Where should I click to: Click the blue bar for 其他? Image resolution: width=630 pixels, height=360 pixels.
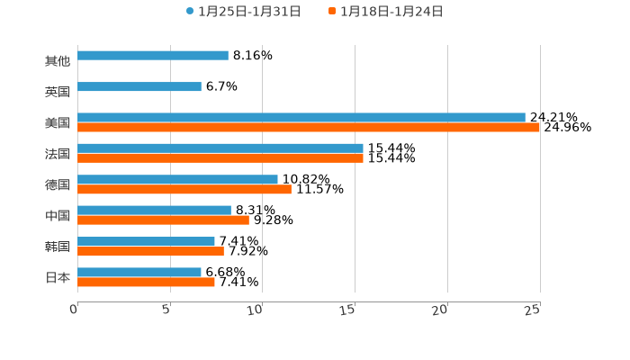pos(153,56)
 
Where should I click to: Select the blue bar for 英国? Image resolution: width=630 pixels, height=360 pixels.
pos(139,87)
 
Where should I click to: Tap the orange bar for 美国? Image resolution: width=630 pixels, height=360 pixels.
pos(309,128)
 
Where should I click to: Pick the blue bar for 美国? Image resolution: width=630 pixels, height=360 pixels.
pos(301,117)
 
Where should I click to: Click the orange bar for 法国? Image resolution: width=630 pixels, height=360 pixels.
pos(220,158)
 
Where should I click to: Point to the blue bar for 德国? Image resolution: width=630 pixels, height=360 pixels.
pos(177,179)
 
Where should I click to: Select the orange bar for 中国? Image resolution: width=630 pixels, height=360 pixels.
pos(163,220)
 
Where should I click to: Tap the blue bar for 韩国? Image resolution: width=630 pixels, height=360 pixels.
pos(146,241)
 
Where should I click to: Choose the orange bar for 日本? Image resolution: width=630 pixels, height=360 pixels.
pos(146,283)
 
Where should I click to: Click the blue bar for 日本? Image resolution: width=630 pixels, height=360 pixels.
pos(139,272)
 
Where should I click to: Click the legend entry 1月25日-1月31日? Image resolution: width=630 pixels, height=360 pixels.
pos(243,12)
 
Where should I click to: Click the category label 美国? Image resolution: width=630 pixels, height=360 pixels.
pos(58,122)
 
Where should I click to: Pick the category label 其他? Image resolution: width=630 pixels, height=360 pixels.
pos(58,61)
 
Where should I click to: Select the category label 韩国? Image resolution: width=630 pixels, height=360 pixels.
pos(58,247)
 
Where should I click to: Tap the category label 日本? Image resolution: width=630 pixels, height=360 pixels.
pos(58,277)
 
